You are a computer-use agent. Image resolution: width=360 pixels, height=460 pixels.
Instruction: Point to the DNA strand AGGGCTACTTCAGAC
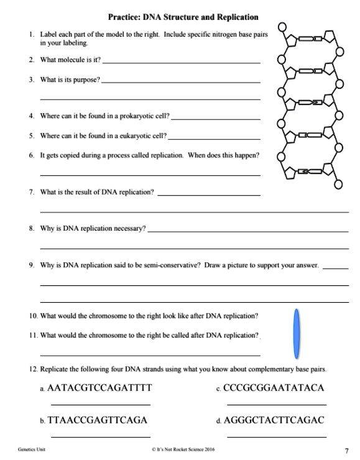pyautogui.click(x=279, y=420)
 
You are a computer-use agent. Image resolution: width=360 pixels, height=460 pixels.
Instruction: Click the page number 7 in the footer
pyautogui.click(x=346, y=450)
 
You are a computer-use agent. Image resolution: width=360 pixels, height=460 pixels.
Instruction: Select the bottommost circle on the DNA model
pyautogui.click(x=338, y=185)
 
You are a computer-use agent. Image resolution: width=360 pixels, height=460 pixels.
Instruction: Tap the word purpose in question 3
pyautogui.click(x=85, y=80)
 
